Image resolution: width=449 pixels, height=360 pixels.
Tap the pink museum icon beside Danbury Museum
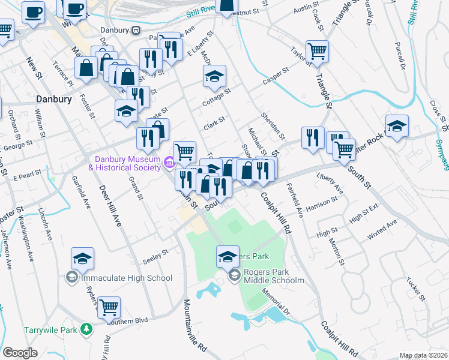[x=169, y=161]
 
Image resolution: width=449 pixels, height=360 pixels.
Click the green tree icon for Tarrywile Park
[x=87, y=329]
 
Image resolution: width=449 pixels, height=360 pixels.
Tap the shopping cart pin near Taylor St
[x=317, y=52]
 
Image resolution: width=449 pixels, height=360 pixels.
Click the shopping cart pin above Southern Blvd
[x=109, y=308]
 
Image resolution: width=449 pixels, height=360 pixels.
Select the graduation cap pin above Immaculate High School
[x=82, y=259]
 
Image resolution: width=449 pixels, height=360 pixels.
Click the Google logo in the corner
[x=20, y=353]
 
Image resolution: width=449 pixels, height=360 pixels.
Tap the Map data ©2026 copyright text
[x=423, y=355]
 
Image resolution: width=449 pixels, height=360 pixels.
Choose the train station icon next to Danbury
[x=136, y=30]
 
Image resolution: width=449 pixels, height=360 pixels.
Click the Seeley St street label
[x=155, y=257]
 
